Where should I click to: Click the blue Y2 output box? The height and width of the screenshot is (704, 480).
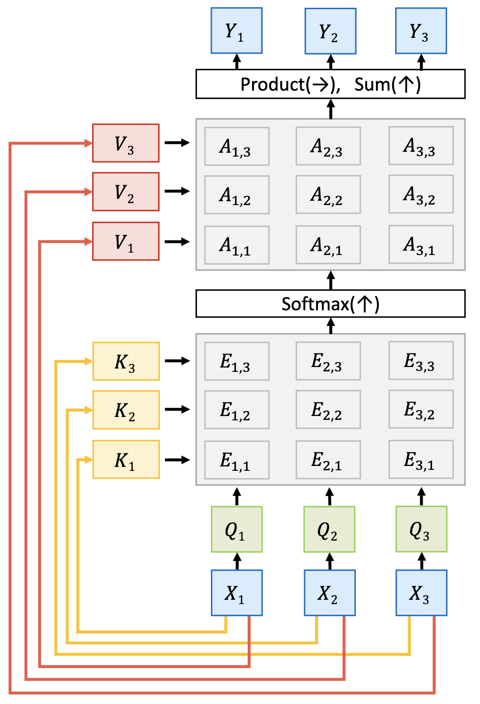pos(330,32)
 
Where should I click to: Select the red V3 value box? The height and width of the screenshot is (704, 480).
pos(126,143)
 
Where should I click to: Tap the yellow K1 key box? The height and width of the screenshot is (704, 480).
pos(126,459)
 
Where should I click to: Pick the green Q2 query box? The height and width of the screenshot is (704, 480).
pos(329,529)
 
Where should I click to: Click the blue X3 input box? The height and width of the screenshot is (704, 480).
pos(421,592)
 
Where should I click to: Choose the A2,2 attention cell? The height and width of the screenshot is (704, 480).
pos(328,194)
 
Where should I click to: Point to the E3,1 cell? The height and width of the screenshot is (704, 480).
pos(421,459)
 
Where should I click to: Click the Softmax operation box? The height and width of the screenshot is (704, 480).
pos(330,304)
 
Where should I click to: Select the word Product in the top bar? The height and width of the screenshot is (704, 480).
pos(272,84)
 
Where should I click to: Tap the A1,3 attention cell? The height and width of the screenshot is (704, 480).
pos(237,146)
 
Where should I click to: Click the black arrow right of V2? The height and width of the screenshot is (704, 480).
pos(177,191)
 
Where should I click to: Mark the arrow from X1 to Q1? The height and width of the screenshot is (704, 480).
pos(237,561)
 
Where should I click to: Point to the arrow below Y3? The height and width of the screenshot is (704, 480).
pos(421,62)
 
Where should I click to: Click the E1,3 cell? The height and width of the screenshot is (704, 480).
pos(237,361)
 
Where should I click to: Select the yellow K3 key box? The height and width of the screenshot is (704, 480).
pos(126,361)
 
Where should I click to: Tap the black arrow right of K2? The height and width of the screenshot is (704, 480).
pos(177,409)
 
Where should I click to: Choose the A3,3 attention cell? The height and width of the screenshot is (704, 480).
pos(421,146)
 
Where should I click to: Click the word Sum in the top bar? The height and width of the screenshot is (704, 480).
pos(372,84)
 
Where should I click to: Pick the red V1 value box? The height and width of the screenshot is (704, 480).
pos(126,241)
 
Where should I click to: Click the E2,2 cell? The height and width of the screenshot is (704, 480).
pos(328,410)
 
